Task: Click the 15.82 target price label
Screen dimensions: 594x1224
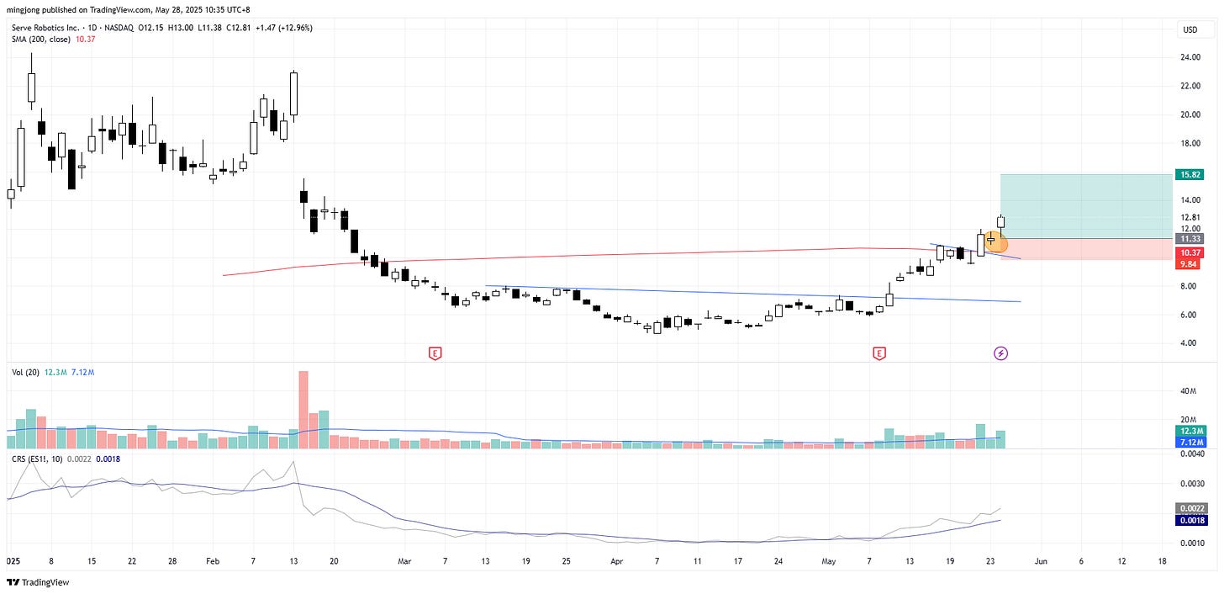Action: click(1190, 175)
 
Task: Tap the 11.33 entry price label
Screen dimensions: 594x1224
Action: click(1190, 239)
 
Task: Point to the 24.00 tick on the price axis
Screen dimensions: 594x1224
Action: click(1190, 57)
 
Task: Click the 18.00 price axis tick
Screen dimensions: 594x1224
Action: click(1190, 143)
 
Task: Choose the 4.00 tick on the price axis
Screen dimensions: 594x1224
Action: click(1190, 343)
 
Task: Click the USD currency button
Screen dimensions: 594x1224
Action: click(1190, 29)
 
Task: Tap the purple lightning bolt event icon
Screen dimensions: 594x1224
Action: click(1001, 353)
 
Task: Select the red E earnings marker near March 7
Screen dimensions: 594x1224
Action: click(435, 353)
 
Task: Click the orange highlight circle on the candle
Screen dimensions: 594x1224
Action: click(995, 243)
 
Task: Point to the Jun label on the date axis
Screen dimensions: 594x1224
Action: click(1041, 560)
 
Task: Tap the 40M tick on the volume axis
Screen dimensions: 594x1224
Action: click(1189, 391)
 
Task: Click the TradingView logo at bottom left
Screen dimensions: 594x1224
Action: click(39, 582)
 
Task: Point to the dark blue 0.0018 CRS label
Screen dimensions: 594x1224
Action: click(1193, 521)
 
